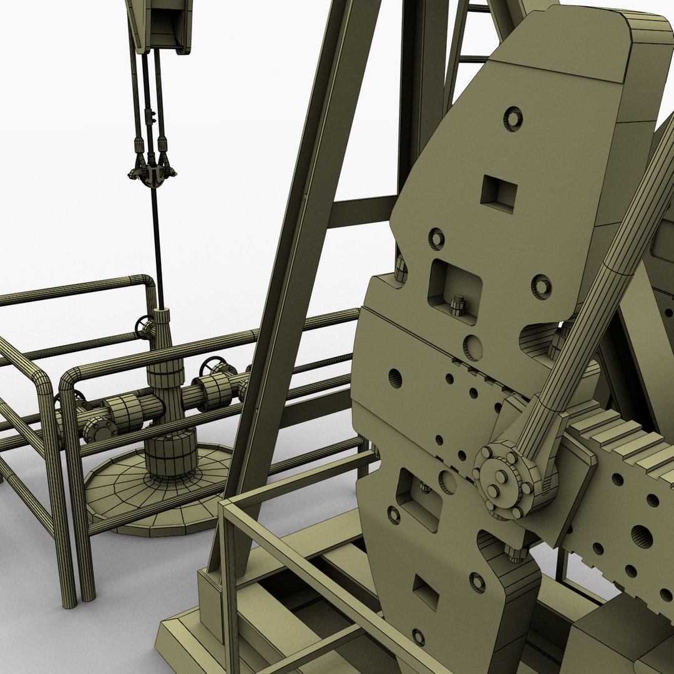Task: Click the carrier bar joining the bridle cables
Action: pyautogui.click(x=152, y=174)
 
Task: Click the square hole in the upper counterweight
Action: pyautogui.click(x=498, y=193)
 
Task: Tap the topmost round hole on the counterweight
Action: pyautogui.click(x=513, y=119)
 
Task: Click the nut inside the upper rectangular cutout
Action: pyautogui.click(x=458, y=305)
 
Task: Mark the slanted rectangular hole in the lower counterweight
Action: pyautogui.click(x=426, y=591)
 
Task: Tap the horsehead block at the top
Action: pyautogui.click(x=159, y=25)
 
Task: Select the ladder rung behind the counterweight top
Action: pyautogui.click(x=474, y=59)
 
